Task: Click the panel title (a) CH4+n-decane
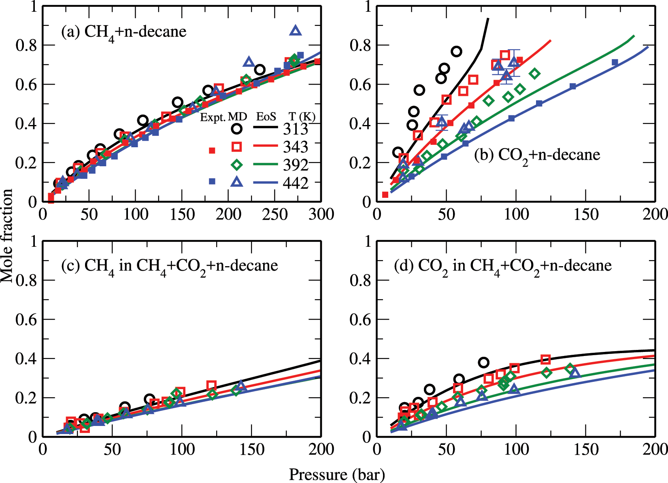(x=123, y=32)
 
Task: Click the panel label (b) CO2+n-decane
(x=537, y=155)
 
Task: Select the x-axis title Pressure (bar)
(x=336, y=474)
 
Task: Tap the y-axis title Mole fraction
(x=7, y=236)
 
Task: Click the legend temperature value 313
(x=295, y=129)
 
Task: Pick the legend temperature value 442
(x=295, y=183)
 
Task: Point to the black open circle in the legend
(x=237, y=129)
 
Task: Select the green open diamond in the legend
(x=237, y=165)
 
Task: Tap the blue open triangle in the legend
(x=237, y=182)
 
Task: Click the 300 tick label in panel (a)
(x=321, y=214)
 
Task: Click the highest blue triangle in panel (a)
(x=296, y=31)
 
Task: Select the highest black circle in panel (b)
(x=456, y=51)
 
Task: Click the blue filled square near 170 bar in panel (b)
(x=615, y=62)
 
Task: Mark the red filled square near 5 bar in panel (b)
(x=385, y=195)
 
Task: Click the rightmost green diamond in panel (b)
(x=534, y=73)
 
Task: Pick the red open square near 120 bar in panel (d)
(x=545, y=359)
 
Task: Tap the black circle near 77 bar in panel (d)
(x=483, y=362)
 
